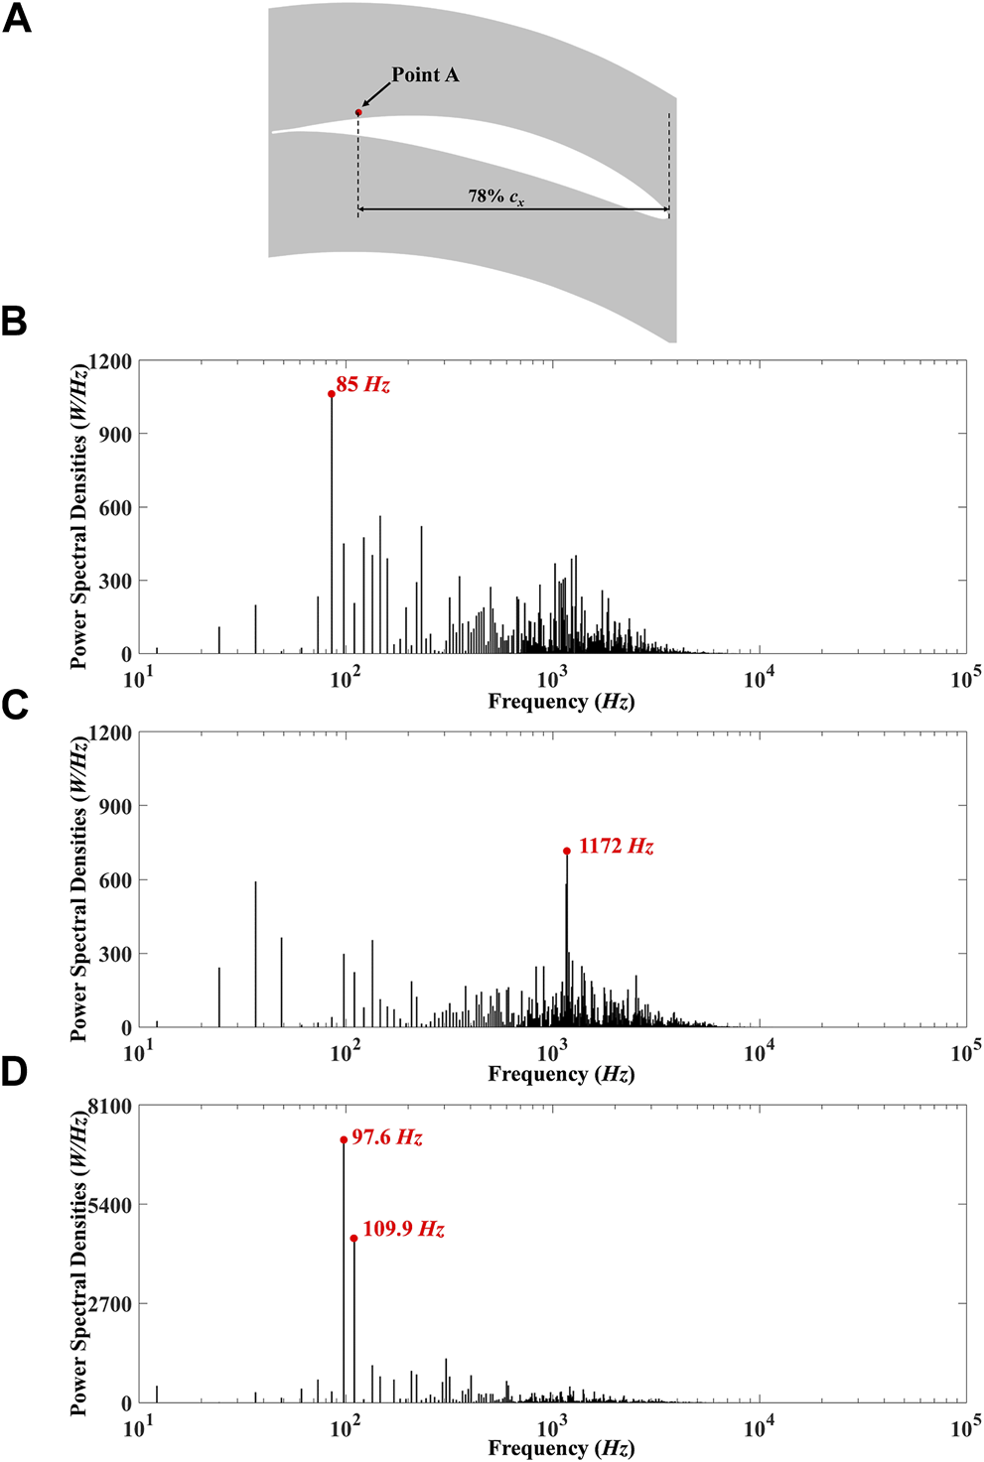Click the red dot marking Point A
pyautogui.click(x=358, y=112)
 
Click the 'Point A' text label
pyautogui.click(x=425, y=74)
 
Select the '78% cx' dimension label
pyautogui.click(x=495, y=196)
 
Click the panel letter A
pyautogui.click(x=17, y=19)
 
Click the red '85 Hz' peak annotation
pyautogui.click(x=362, y=384)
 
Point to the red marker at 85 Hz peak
pyautogui.click(x=332, y=394)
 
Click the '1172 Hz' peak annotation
pyautogui.click(x=616, y=847)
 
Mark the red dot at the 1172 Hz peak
pyautogui.click(x=567, y=851)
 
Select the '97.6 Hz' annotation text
pyautogui.click(x=387, y=1137)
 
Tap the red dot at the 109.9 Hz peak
pyautogui.click(x=353, y=1239)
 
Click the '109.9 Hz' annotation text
pyautogui.click(x=403, y=1229)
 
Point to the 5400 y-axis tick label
pyautogui.click(x=110, y=1205)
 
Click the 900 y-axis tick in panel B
pyautogui.click(x=115, y=434)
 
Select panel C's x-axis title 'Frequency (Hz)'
pyautogui.click(x=561, y=1074)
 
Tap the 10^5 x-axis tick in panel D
pyautogui.click(x=965, y=1426)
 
